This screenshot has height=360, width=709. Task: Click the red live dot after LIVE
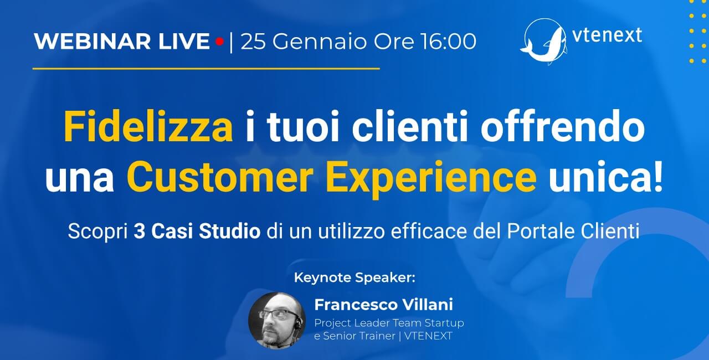219,42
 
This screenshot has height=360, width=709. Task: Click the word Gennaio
320,42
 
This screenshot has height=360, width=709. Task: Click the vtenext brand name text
608,34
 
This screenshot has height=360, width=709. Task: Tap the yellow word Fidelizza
148,127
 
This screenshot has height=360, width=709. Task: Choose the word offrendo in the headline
562,126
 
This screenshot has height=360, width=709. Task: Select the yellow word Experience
431,179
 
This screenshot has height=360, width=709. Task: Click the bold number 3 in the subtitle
139,232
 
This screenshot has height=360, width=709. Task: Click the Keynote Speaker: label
354,277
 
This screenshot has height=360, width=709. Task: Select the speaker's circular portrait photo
276,321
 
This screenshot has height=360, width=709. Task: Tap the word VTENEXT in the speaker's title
428,336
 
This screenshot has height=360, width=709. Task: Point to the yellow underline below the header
206,68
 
